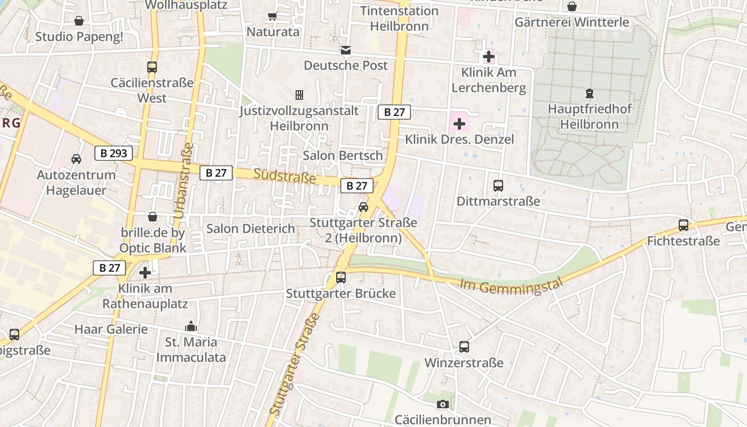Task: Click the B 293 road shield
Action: coord(114,153)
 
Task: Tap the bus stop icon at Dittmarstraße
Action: coord(498,186)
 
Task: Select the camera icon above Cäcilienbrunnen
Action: coord(442,404)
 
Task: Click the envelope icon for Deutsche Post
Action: coord(346,50)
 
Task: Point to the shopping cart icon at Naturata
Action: coord(273,17)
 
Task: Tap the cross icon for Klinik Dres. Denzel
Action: coord(459,124)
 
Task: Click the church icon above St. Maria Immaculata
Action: coord(190,326)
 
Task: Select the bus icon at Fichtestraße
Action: coord(684,225)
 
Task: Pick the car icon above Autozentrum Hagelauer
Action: coord(76,159)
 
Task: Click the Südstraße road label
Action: coord(285,176)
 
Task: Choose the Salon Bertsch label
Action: coord(343,155)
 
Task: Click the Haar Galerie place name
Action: coord(111,329)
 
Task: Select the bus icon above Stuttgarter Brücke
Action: coord(341,278)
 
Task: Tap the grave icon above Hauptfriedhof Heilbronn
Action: coord(590,93)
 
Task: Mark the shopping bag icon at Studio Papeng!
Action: coord(79,21)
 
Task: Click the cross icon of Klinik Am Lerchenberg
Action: coord(488,56)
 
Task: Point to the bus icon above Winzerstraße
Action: coord(464,347)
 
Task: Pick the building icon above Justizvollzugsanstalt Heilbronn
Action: coord(299,95)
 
